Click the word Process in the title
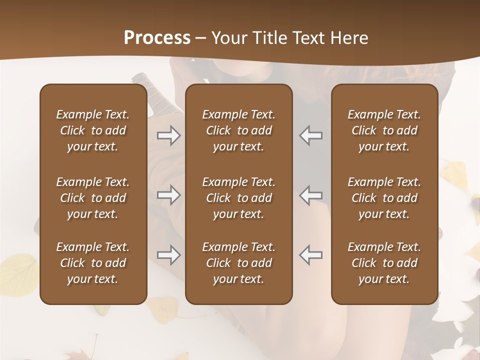click(157, 38)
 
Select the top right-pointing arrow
click(168, 135)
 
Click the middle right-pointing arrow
click(168, 195)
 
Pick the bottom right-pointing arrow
click(168, 255)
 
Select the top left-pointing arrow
click(311, 135)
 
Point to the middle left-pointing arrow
click(311, 195)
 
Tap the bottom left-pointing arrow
click(311, 255)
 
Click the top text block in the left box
click(93, 130)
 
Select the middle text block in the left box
click(93, 198)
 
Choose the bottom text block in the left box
click(93, 263)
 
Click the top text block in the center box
click(238, 130)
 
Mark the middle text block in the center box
click(238, 198)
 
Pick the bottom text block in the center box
click(238, 263)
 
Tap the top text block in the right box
click(384, 130)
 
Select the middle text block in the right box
click(384, 198)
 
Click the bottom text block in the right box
click(384, 263)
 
